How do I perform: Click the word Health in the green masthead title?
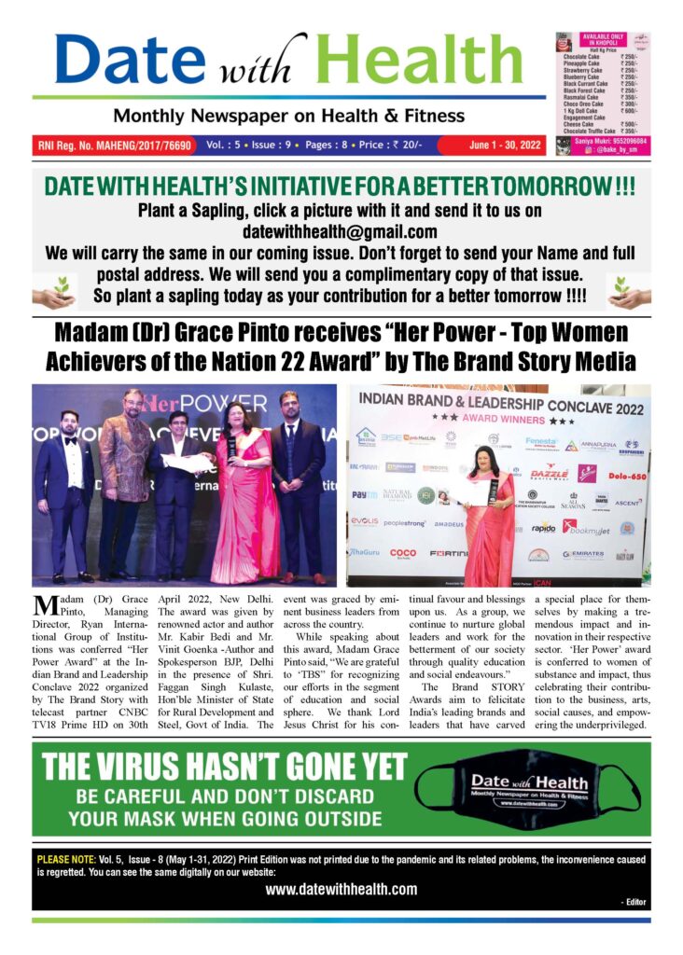pos(420,61)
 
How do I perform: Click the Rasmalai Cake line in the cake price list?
pos(586,96)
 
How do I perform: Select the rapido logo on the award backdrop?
pos(543,528)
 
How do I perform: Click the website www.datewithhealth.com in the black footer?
pos(341,889)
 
